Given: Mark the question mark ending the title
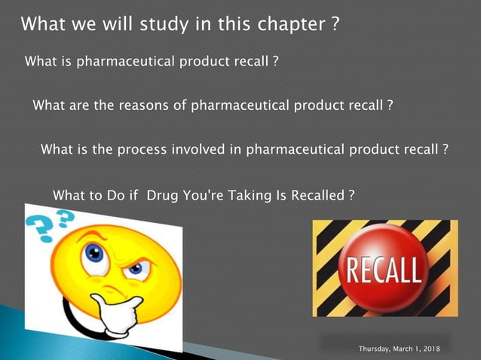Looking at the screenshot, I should pos(335,25).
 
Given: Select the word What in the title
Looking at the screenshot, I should pos(44,25).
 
